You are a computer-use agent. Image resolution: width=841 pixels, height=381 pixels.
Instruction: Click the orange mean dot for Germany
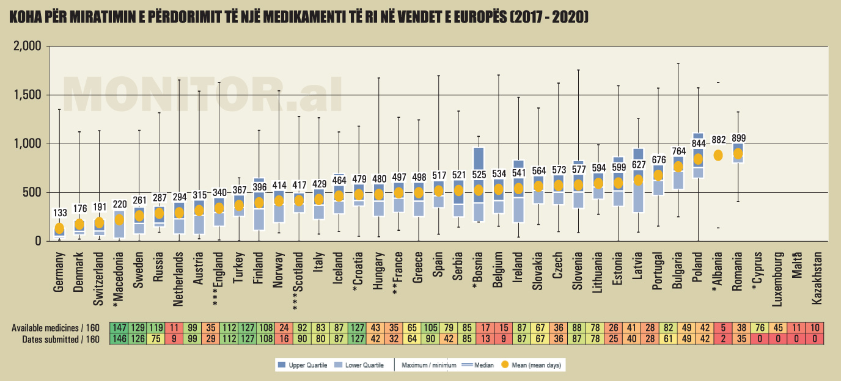(59, 228)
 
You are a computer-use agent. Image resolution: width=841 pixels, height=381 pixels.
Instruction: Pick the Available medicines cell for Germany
(119, 328)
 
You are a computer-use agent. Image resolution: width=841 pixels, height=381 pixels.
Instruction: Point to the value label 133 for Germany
(60, 213)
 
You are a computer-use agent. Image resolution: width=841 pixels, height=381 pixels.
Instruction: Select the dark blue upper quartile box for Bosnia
(479, 158)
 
